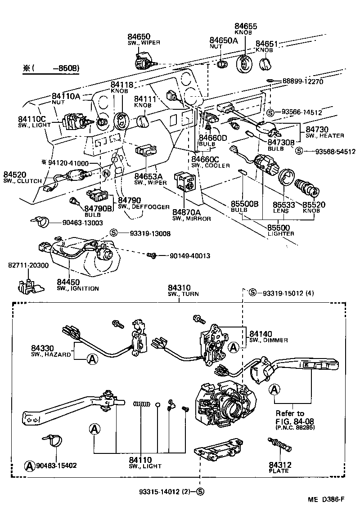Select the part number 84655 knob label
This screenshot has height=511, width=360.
(x=246, y=27)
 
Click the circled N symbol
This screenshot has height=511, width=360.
(x=107, y=173)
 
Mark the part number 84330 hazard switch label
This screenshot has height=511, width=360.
(x=43, y=348)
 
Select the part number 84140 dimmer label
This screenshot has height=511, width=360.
(x=261, y=334)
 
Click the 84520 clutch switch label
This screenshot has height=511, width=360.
(x=16, y=175)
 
